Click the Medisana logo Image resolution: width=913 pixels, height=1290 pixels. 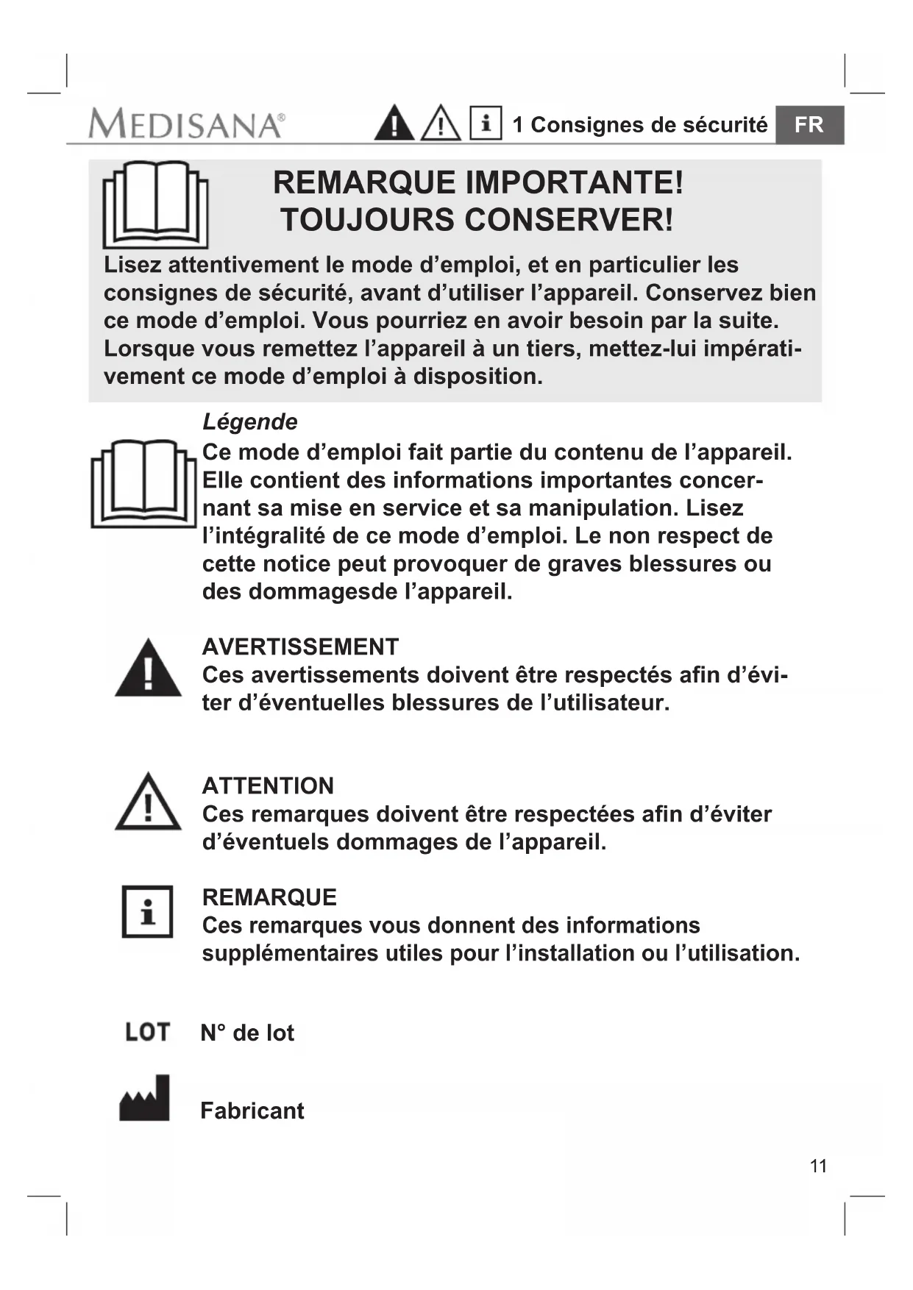point(186,124)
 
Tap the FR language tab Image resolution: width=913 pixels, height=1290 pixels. point(809,124)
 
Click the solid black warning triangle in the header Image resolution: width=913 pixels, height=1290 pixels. point(394,124)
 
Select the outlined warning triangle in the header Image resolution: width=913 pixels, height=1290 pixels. point(441,124)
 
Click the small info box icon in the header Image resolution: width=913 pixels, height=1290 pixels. point(486,122)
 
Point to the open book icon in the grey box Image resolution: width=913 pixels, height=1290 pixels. point(155,204)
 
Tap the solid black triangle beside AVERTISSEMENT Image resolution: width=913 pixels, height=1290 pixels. point(148,669)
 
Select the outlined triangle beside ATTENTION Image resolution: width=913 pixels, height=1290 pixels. point(148,803)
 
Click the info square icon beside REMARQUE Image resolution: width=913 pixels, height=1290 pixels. point(147,911)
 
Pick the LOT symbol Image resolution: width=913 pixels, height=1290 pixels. point(147,1032)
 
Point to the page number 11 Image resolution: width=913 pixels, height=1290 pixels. point(818,1166)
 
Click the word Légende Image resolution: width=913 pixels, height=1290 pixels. point(249,421)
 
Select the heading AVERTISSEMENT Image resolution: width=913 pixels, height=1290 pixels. point(300,646)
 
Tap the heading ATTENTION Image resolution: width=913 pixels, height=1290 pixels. point(268,785)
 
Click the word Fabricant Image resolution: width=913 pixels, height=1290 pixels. point(252,1110)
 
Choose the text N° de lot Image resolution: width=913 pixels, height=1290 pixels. point(247,1033)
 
